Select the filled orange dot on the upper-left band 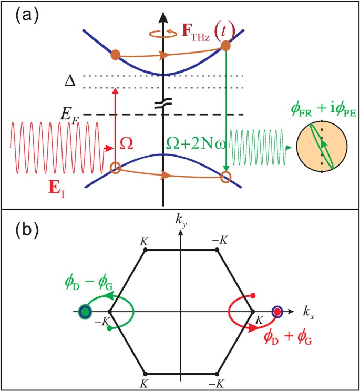[117, 54]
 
